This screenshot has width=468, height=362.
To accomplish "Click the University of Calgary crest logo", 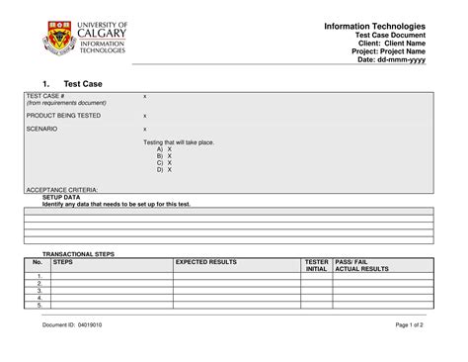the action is (57, 42).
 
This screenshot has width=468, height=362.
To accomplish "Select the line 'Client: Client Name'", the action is (390, 43).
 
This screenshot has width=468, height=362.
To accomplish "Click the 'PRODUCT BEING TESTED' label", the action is (63, 116).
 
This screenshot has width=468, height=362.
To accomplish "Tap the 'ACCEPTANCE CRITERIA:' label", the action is (61, 189).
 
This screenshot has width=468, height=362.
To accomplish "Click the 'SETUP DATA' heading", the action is (60, 197).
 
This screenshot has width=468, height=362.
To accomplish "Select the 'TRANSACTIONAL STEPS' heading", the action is (78, 254).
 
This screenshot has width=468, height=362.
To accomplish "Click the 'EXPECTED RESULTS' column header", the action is (206, 262).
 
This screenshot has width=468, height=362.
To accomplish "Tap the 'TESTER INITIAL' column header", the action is (317, 265).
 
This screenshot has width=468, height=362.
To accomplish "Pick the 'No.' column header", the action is (38, 262).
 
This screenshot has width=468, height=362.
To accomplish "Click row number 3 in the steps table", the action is (39, 290).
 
